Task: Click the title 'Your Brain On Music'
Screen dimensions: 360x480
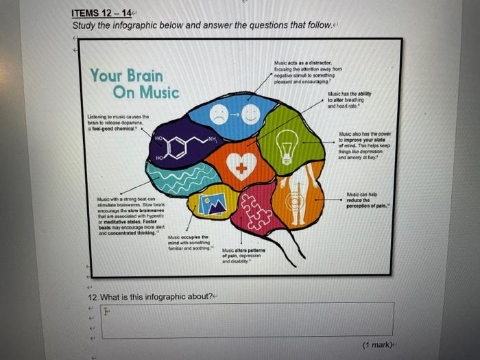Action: pyautogui.click(x=134, y=83)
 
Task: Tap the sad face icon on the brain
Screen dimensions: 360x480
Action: pyautogui.click(x=219, y=115)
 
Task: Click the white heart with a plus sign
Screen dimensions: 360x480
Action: pyautogui.click(x=241, y=167)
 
